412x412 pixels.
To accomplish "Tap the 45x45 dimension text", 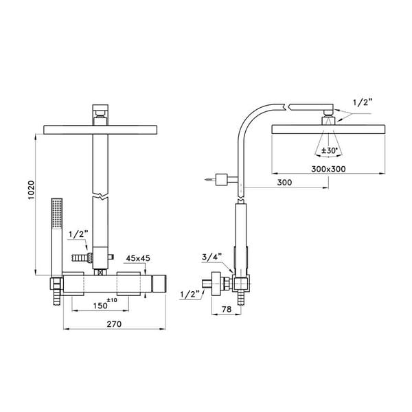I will point(137,258).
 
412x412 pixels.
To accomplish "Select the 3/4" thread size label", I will point(212,258).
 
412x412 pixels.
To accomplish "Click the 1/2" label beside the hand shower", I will point(78,234).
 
